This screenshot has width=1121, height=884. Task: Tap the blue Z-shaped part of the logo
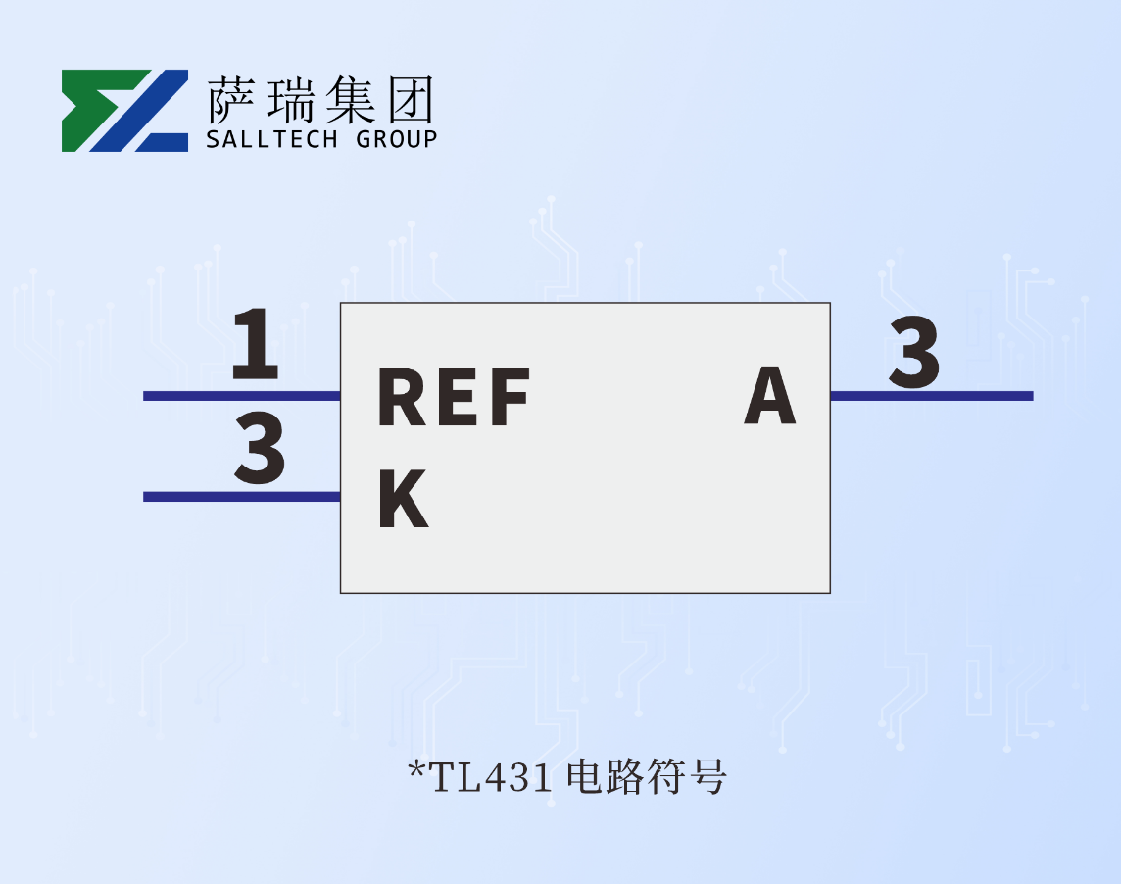tap(147, 110)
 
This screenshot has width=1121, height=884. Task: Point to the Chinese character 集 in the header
tap(349, 99)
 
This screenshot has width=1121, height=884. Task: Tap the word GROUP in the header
tap(396, 139)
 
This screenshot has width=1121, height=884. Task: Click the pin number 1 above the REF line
tap(256, 344)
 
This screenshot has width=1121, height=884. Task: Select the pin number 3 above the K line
tap(260, 449)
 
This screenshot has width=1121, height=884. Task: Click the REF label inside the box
tap(454, 398)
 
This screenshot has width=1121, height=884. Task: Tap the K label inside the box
tap(403, 499)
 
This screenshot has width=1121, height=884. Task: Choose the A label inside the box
tap(769, 396)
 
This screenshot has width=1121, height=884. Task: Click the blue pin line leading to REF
tap(241, 396)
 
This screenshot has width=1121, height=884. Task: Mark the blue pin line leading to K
tap(241, 497)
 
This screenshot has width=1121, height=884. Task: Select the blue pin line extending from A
tap(931, 396)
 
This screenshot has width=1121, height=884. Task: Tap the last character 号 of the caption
tap(710, 777)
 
